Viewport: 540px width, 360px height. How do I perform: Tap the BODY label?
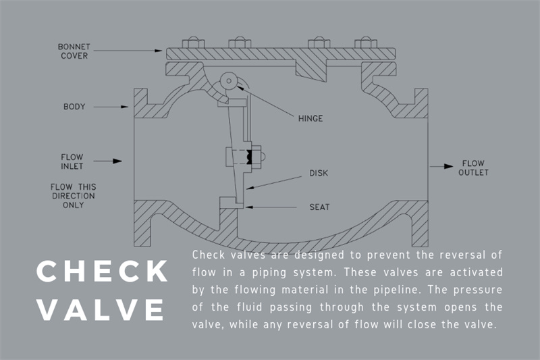pyautogui.click(x=75, y=107)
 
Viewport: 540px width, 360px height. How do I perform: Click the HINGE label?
pyautogui.click(x=310, y=118)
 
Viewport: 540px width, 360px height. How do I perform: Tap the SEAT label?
pyautogui.click(x=319, y=207)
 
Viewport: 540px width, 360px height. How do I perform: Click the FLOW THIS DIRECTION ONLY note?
pyautogui.click(x=73, y=195)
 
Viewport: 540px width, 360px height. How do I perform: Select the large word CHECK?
pyautogui.click(x=102, y=272)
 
